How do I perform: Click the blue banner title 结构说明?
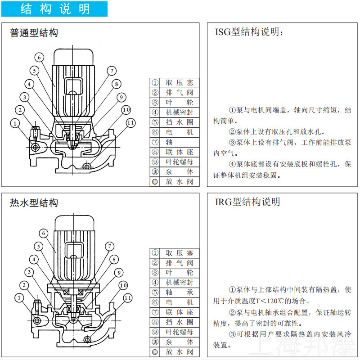click(55, 9)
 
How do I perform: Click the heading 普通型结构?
click(34, 32)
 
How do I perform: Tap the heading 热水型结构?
click(34, 203)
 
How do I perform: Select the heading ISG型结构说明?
click(249, 32)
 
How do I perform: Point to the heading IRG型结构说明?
click(247, 202)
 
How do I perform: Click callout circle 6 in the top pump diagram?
click(39, 58)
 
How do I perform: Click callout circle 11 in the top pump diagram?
click(130, 123)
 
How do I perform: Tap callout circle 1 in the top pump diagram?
click(15, 123)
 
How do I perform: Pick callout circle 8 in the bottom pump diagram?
click(114, 260)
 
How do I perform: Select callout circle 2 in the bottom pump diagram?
click(24, 285)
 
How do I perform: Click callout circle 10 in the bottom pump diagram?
click(123, 285)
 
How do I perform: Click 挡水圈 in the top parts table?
click(180, 122)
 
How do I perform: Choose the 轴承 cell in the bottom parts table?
click(180, 292)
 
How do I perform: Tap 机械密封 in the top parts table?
click(180, 112)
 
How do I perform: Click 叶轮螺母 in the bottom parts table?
click(180, 332)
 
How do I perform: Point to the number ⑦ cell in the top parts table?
click(155, 142)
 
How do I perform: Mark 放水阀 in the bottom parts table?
click(180, 351)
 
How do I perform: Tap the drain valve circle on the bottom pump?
click(87, 339)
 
